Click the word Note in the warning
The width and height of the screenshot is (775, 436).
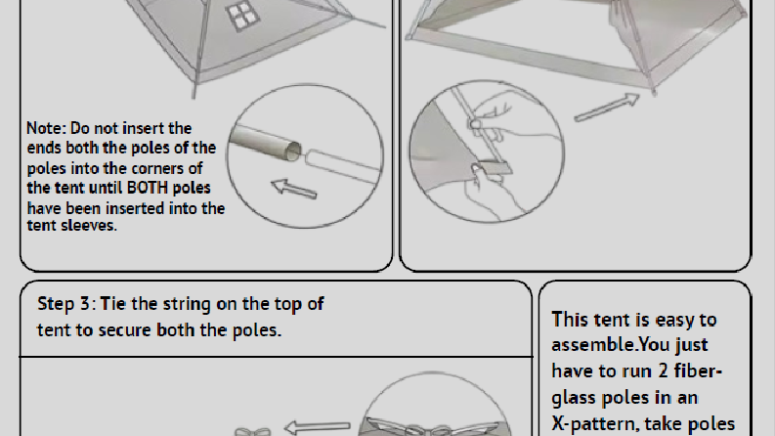(46, 128)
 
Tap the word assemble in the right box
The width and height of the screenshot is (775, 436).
(592, 344)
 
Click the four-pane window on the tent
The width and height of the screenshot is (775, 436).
(242, 17)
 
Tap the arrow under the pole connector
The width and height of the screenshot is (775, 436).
(294, 189)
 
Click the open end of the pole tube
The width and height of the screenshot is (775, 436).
(293, 151)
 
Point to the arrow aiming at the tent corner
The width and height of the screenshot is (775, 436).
(607, 108)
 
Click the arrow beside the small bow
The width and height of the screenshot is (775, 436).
(318, 426)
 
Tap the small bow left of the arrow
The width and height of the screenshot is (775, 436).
(252, 432)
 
